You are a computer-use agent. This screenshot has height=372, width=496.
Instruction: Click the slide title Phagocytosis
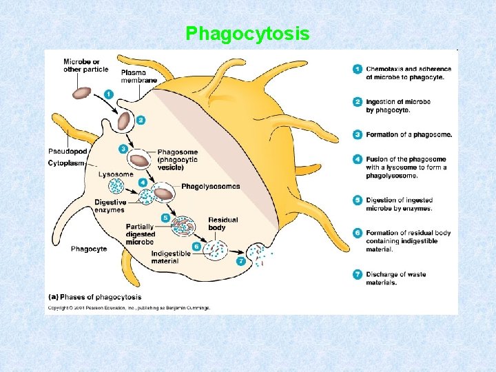point(247,33)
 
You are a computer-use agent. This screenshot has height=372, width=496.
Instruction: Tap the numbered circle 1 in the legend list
point(357,69)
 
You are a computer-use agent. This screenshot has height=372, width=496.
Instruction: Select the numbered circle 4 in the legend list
point(357,159)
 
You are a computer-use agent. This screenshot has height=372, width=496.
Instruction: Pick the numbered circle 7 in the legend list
point(357,274)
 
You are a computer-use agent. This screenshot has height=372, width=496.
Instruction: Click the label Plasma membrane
point(139,76)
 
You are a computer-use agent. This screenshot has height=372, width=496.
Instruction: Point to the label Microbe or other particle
point(81,65)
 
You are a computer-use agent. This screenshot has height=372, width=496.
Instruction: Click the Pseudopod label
point(68,151)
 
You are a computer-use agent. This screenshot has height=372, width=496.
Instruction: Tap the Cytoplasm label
point(66,163)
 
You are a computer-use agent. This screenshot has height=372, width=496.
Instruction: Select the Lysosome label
point(115,174)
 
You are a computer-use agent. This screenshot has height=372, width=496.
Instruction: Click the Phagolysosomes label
point(211,186)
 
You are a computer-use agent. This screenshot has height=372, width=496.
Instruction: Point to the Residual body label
point(223,224)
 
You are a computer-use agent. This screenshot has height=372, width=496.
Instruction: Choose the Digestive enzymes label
point(110,206)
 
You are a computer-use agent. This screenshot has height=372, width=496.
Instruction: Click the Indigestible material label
point(170,257)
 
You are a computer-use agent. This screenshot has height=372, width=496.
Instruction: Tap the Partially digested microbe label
point(140,234)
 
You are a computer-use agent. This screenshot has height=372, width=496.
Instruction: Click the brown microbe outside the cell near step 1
point(83,92)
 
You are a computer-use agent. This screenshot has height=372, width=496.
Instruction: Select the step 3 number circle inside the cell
point(123,149)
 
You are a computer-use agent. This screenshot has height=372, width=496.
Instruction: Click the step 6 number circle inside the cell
point(196,246)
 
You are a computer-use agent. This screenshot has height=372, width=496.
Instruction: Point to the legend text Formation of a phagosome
point(409,134)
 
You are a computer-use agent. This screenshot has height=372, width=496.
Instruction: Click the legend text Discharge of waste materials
point(395,278)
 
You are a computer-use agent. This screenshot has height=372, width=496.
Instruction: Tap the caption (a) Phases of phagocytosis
point(95,297)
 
